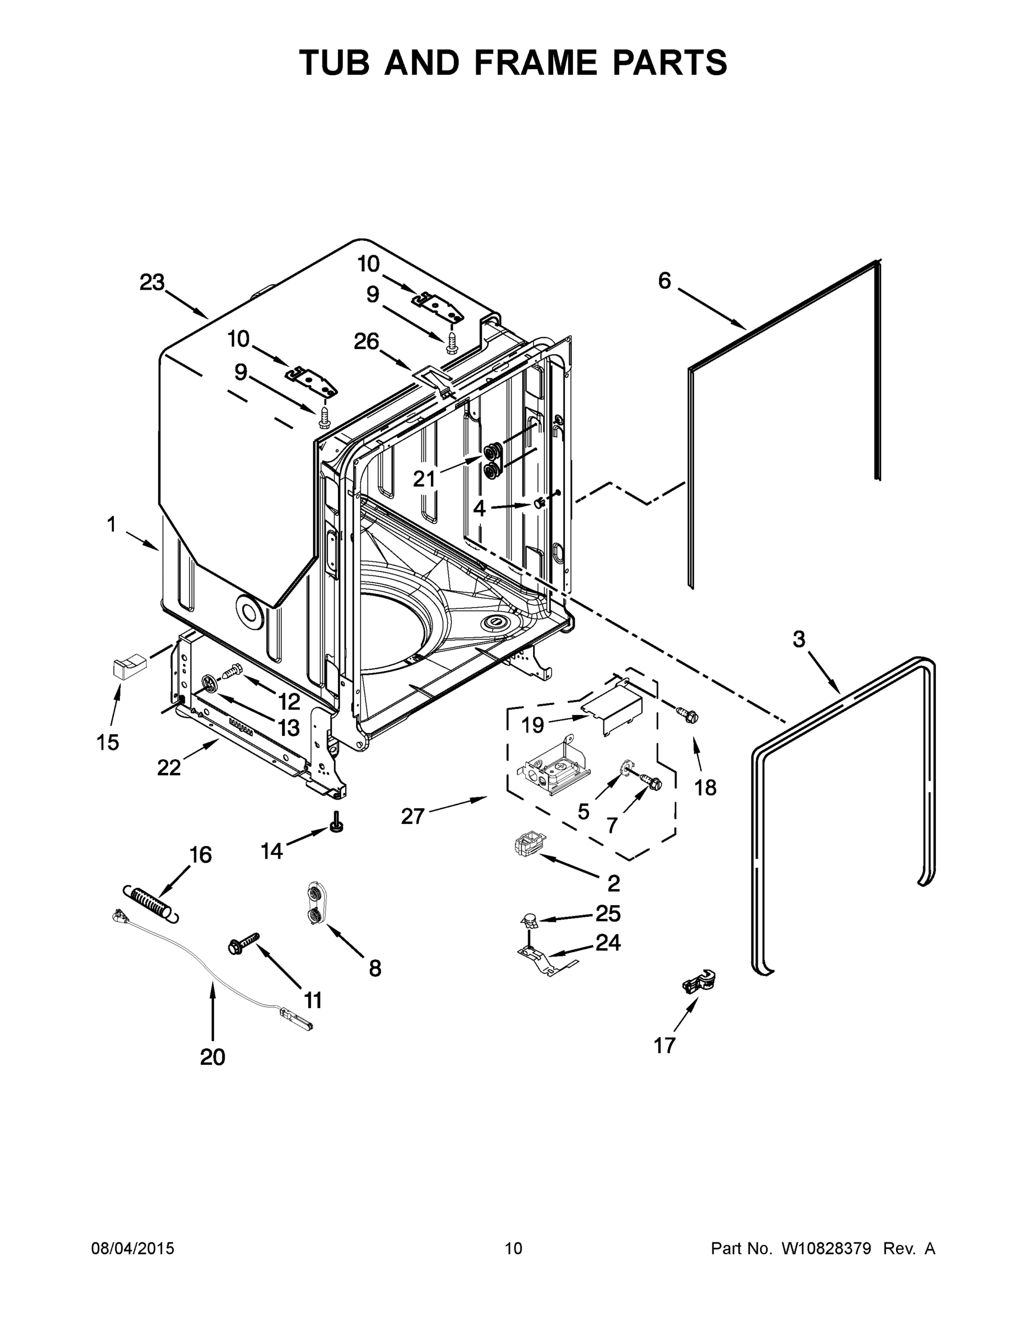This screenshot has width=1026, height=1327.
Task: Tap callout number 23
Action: [x=152, y=283]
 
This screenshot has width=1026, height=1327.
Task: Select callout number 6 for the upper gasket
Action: [x=664, y=281]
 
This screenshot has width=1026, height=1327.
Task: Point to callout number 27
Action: [x=412, y=816]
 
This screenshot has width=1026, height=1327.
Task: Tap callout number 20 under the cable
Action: [x=212, y=1058]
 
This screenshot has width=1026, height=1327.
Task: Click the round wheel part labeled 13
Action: [x=209, y=684]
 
